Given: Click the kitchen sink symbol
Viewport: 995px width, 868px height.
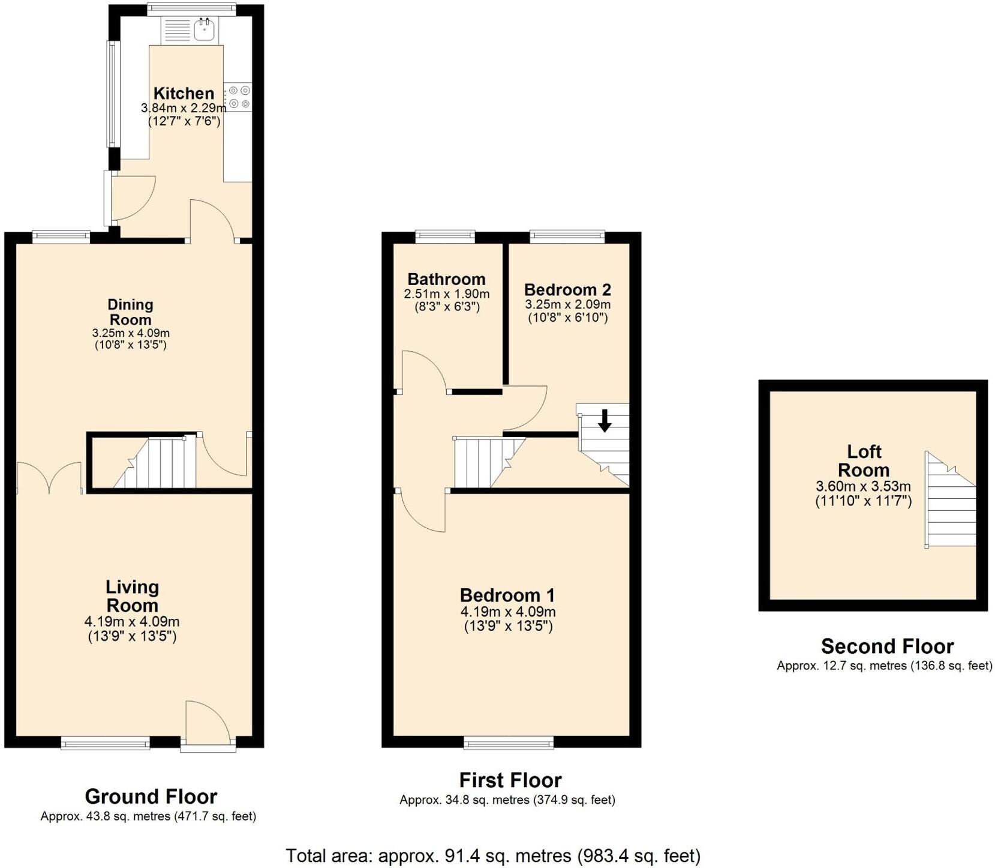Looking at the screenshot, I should (205, 28).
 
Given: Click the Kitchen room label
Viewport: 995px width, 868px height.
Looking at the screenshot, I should (184, 93).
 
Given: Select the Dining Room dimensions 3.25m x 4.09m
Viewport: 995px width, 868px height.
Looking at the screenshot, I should (131, 333).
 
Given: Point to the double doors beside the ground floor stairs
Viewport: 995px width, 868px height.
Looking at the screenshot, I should (49, 478).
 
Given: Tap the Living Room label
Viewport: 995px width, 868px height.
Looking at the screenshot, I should (132, 596).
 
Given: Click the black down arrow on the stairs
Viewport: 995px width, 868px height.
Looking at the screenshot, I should (605, 420).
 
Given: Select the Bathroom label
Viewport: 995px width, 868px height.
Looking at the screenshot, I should (446, 279).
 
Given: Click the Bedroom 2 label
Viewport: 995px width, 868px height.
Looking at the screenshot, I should (567, 290).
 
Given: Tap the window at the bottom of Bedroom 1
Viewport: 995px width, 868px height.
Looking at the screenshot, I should (509, 744).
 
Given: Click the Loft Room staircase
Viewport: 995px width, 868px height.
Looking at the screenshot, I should (951, 501).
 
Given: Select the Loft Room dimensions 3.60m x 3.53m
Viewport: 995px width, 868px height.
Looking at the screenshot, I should (863, 487).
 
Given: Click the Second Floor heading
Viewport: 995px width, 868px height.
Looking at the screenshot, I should (887, 646).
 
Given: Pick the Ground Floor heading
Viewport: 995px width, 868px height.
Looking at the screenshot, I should (151, 797).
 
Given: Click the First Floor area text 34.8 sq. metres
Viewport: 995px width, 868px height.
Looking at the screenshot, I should (507, 800).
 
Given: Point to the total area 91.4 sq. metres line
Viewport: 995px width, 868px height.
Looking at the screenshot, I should (493, 855).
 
